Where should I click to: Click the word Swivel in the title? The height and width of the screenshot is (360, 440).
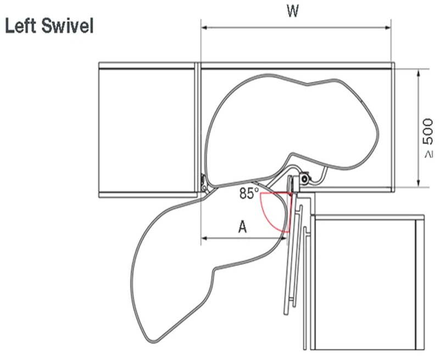pyautogui.click(x=65, y=26)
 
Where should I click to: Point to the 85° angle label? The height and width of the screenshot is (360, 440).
pyautogui.click(x=249, y=193)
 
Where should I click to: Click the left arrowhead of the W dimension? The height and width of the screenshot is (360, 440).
pyautogui.click(x=204, y=25)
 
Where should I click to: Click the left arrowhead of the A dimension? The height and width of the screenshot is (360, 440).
pyautogui.click(x=203, y=238)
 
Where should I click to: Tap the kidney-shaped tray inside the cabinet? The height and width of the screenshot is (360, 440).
pyautogui.click(x=297, y=126)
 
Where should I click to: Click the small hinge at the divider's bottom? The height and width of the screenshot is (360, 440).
pyautogui.click(x=204, y=184)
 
